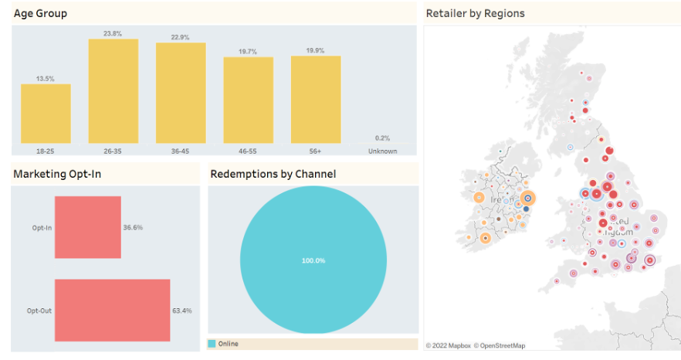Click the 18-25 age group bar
[46, 114]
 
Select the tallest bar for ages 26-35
[113, 91]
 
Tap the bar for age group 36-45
[181, 93]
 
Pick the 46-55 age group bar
[249, 100]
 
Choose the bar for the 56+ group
[316, 99]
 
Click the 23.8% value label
[113, 33]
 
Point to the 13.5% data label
[46, 78]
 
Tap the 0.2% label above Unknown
[383, 138]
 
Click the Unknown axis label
[383, 151]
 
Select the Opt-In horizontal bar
[87, 227]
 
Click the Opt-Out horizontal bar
[112, 310]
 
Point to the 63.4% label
[182, 311]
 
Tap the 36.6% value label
[133, 228]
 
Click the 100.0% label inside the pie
[313, 260]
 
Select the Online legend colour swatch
[212, 343]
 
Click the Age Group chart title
[40, 13]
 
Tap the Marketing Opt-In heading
[57, 174]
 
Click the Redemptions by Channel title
[273, 174]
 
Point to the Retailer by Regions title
[475, 13]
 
